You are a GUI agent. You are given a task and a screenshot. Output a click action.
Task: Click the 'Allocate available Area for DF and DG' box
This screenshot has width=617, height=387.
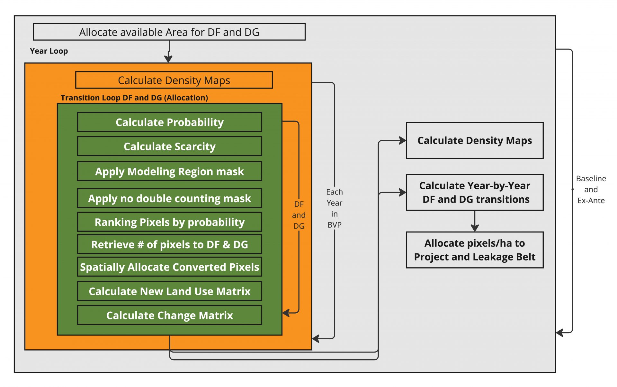pyautogui.click(x=169, y=32)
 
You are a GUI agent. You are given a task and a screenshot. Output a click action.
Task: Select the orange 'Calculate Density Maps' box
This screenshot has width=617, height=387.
pyautogui.click(x=174, y=80)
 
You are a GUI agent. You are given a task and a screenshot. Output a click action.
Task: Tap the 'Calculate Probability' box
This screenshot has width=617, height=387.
pyautogui.click(x=169, y=122)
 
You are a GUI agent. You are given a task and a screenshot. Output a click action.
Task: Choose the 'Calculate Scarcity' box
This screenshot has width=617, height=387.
pyautogui.click(x=169, y=146)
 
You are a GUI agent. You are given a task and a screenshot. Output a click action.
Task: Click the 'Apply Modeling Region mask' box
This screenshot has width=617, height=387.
pyautogui.click(x=169, y=171)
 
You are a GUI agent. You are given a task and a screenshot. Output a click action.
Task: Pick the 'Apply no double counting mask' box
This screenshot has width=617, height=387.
pyautogui.click(x=169, y=198)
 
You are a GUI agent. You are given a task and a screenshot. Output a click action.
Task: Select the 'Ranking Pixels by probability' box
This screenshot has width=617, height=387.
pyautogui.click(x=169, y=222)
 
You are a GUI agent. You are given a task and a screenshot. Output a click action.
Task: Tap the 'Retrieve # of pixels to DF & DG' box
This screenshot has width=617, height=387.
pyautogui.click(x=169, y=244)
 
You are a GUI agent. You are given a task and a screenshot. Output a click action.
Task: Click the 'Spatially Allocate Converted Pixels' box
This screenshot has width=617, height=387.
pyautogui.click(x=169, y=267)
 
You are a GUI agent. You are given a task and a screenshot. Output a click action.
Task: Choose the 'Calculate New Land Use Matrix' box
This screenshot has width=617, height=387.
pyautogui.click(x=169, y=291)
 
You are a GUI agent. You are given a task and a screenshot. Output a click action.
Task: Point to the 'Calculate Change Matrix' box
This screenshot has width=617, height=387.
pyautogui.click(x=169, y=315)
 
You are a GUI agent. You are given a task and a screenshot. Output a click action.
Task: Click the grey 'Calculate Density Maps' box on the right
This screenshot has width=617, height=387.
pyautogui.click(x=474, y=140)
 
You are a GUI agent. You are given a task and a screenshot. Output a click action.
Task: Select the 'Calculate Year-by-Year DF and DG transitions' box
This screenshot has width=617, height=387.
pyautogui.click(x=474, y=193)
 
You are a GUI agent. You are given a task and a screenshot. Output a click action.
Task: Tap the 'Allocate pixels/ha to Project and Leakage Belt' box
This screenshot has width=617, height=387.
pyautogui.click(x=474, y=250)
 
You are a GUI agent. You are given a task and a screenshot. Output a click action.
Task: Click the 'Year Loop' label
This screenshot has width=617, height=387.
pyautogui.click(x=49, y=51)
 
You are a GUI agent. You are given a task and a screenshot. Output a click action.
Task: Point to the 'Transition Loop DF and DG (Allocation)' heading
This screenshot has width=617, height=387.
pyautogui.click(x=134, y=98)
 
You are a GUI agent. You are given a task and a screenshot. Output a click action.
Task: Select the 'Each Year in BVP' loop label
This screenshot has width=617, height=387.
pyautogui.click(x=334, y=208)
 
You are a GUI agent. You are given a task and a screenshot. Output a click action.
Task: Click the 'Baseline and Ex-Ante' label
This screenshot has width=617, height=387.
pyautogui.click(x=591, y=189)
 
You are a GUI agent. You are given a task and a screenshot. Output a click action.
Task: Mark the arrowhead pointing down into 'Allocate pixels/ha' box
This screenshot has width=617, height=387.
pyautogui.click(x=475, y=228)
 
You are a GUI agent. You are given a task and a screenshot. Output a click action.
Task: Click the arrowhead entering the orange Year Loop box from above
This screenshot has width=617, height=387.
pyautogui.click(x=168, y=59)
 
